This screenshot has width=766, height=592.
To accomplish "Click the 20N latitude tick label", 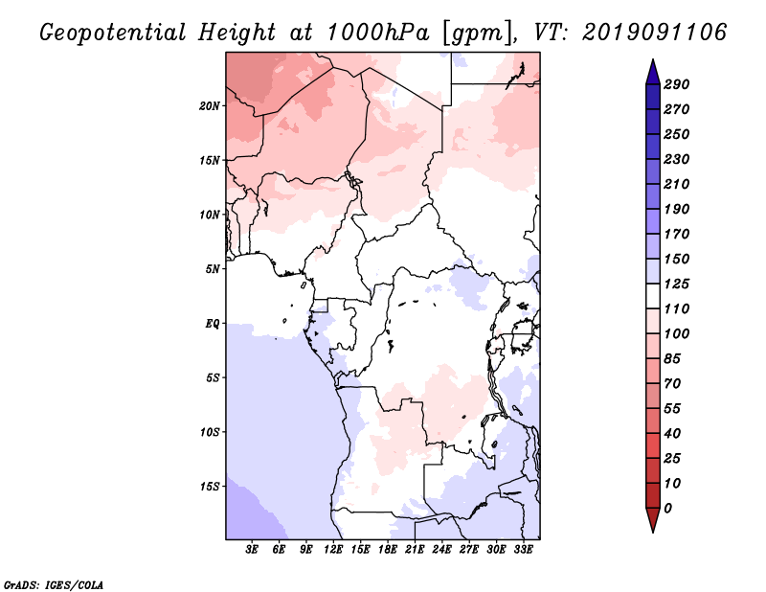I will (210, 105).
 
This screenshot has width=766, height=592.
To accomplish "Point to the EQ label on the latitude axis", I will (213, 323).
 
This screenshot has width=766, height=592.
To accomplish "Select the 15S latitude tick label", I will (210, 486).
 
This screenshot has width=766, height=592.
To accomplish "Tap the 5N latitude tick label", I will (213, 268).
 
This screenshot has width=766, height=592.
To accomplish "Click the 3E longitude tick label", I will (253, 550).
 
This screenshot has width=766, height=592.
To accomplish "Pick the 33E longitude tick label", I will (523, 550).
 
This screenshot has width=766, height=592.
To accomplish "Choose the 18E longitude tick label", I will (388, 550).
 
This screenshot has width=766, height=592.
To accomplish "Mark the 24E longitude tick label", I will (441, 550).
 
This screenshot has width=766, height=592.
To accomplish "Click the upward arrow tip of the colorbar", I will (651, 61).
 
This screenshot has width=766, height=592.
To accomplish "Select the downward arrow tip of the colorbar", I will (651, 530).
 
